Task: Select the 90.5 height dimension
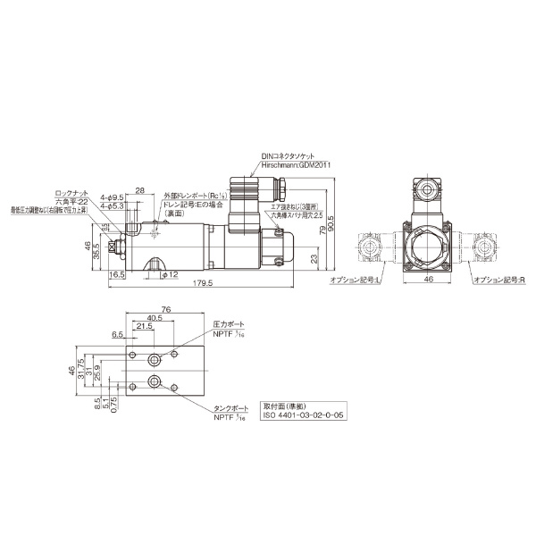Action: point(331,220)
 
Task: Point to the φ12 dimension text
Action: point(171,274)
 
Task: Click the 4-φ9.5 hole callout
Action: point(113,196)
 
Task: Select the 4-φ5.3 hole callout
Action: point(113,206)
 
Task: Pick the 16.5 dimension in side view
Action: point(116,275)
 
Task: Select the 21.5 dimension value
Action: point(143,327)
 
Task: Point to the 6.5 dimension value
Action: point(119,334)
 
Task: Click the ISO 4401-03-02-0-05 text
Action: point(301,414)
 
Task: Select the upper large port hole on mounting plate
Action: point(156,359)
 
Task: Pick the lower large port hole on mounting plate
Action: point(156,386)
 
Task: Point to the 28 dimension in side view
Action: point(139,190)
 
